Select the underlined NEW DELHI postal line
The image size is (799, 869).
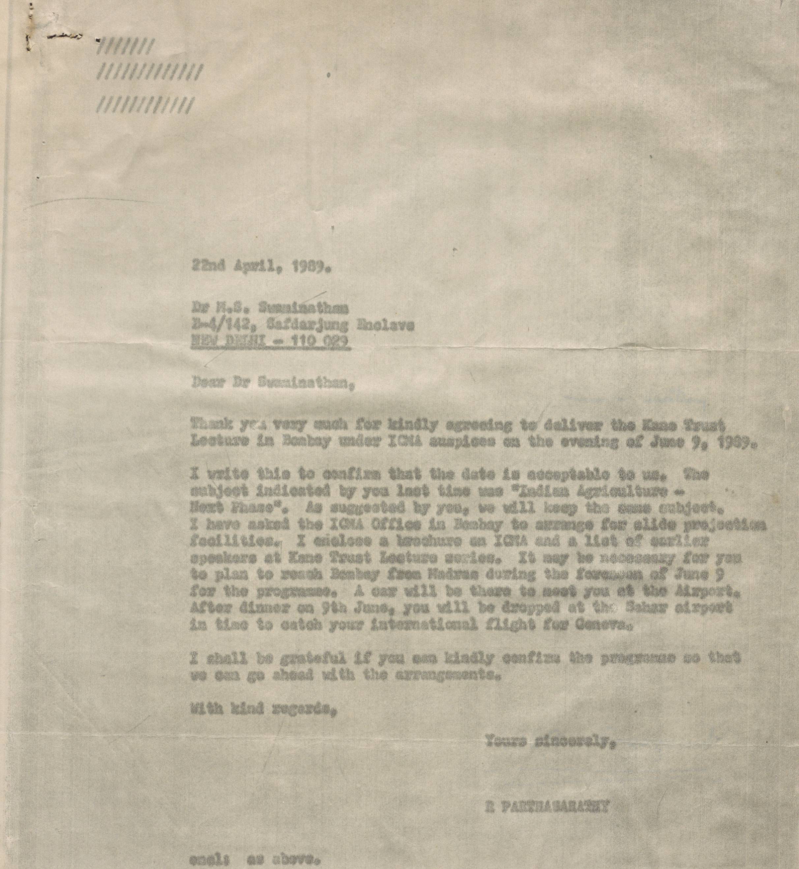click(x=270, y=342)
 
